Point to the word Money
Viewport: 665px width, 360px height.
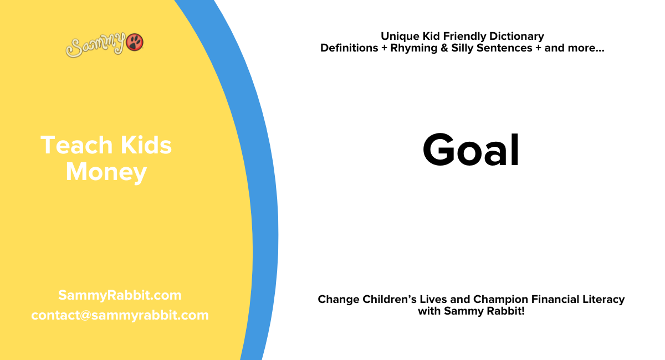tap(106, 172)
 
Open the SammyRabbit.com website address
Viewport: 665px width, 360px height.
tap(120, 295)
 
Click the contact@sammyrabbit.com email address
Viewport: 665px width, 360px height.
tap(120, 315)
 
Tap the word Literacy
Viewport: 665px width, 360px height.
tap(604, 300)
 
